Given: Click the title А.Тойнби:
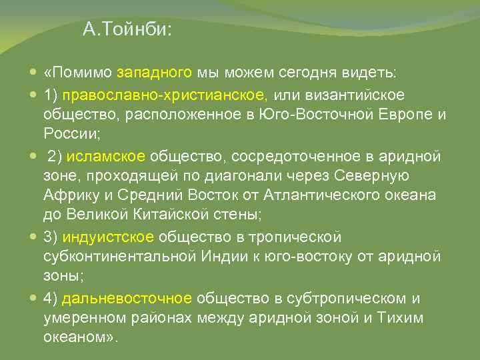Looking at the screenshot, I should click(x=127, y=30).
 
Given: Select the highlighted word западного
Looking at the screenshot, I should click(x=155, y=72).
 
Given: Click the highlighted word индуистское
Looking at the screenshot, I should click(x=118, y=237).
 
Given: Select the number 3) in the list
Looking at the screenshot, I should click(x=51, y=237).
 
